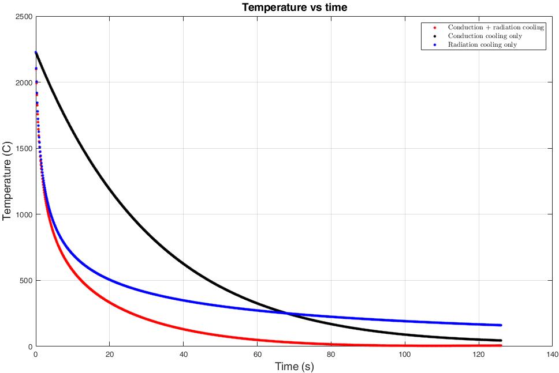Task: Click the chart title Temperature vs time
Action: pyautogui.click(x=295, y=7)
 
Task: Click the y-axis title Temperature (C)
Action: pyautogui.click(x=8, y=181)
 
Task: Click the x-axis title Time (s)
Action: pyautogui.click(x=295, y=366)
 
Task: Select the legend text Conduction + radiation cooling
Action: pyautogui.click(x=496, y=28)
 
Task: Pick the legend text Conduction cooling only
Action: pyautogui.click(x=485, y=36)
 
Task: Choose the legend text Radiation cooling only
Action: pyautogui.click(x=482, y=45)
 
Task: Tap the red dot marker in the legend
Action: pyautogui.click(x=434, y=28)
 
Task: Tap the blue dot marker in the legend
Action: pyautogui.click(x=434, y=45)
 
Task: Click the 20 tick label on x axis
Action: pyautogui.click(x=109, y=354)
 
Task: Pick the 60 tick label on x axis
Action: pyautogui.click(x=257, y=354)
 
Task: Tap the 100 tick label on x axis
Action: pyautogui.click(x=404, y=354)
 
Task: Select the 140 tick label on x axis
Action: pyautogui.click(x=551, y=354)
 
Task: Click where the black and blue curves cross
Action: pyautogui.click(x=286, y=313)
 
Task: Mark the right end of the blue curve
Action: pyautogui.click(x=500, y=325)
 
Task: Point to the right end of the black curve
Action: pyautogui.click(x=500, y=341)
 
